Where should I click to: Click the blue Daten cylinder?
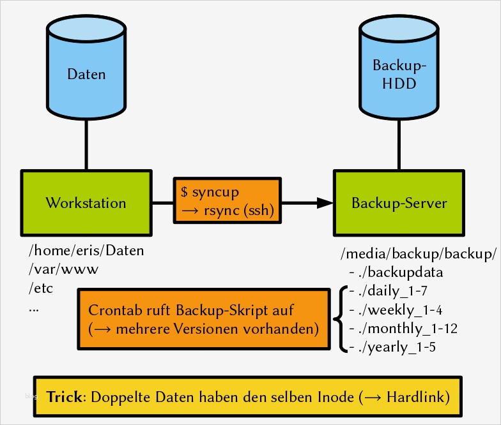tap(86, 73)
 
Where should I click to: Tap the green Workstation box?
tap(86, 203)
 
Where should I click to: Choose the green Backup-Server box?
tap(399, 203)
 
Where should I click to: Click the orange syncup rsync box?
tap(227, 201)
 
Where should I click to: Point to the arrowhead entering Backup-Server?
tap(325, 203)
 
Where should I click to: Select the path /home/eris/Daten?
tap(86, 251)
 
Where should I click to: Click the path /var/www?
tap(63, 269)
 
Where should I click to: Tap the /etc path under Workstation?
tap(41, 288)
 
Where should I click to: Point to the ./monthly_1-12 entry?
tap(403, 329)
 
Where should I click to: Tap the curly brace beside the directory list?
tap(337, 319)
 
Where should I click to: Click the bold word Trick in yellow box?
tap(65, 396)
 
